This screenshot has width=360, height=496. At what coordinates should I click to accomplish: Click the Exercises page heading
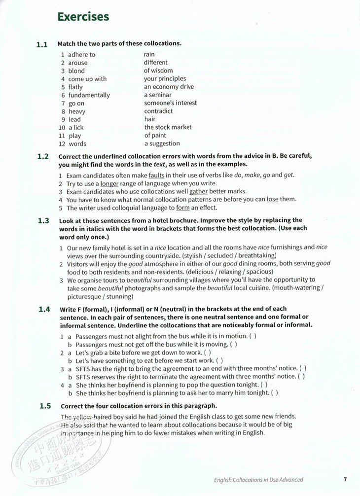coord(83,17)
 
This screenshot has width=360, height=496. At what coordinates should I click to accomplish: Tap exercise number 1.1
coord(42,44)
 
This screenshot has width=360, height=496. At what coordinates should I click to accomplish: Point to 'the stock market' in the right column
coord(168,127)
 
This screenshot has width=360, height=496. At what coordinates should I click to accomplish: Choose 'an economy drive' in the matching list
coord(169,87)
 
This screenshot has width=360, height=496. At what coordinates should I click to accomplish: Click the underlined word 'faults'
coord(156,175)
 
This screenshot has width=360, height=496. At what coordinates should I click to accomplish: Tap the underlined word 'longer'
coord(109,183)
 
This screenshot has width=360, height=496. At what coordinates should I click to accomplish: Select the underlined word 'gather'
coord(199,191)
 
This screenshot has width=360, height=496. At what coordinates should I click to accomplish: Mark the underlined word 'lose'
coord(273,200)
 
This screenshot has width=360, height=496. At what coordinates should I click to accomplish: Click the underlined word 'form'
coord(183,208)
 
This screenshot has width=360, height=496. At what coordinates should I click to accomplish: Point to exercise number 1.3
coord(43,221)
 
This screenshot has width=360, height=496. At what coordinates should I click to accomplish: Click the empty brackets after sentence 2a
coord(208,353)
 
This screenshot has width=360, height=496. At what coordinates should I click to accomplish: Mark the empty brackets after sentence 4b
coord(275,393)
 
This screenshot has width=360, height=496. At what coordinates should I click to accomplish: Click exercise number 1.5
coord(45,407)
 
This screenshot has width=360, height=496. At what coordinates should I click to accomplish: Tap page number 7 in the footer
coord(345,479)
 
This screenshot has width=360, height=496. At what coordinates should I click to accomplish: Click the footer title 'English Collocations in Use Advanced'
coord(258,479)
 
